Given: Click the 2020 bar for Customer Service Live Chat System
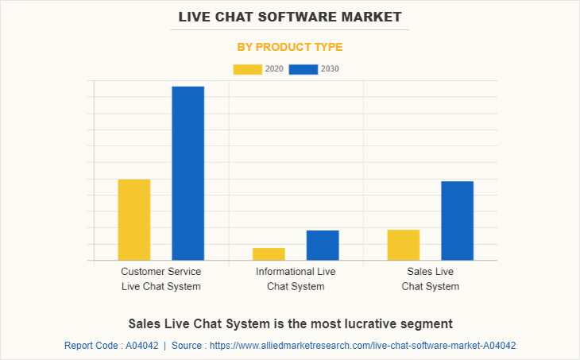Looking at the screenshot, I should [x=134, y=219].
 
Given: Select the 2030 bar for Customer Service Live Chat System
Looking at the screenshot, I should [x=188, y=173].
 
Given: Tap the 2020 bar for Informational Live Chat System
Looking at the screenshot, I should [x=269, y=254].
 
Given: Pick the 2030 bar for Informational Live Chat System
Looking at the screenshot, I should [x=323, y=245].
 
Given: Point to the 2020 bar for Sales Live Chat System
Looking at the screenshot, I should [x=404, y=245].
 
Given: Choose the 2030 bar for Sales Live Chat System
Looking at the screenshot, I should [x=458, y=220].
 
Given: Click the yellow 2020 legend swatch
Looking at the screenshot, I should [x=247, y=69].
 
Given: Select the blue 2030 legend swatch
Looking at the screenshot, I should [x=303, y=69].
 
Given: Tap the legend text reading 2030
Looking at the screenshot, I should [x=330, y=69].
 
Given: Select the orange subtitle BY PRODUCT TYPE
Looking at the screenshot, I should [x=290, y=47].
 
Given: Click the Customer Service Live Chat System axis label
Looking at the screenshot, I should [x=161, y=279].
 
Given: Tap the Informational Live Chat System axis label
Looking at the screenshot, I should [x=296, y=279].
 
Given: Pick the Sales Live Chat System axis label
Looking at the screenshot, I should [x=431, y=279].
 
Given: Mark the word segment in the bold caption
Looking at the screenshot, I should [x=428, y=323].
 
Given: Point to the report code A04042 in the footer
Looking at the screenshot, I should [x=141, y=346].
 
